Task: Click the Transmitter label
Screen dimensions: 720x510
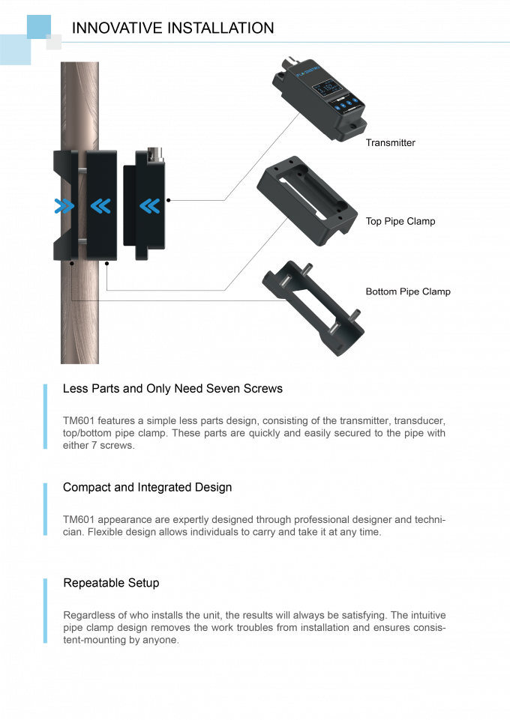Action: pyautogui.click(x=389, y=142)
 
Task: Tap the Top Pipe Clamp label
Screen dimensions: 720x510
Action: pyautogui.click(x=400, y=221)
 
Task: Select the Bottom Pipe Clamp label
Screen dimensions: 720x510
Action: pyautogui.click(x=407, y=291)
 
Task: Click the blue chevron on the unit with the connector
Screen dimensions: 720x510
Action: pyautogui.click(x=151, y=205)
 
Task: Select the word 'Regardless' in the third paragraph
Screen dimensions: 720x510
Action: pyautogui.click(x=86, y=615)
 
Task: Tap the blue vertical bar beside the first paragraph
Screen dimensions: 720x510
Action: pyautogui.click(x=45, y=417)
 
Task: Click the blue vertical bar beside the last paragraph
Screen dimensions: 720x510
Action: pyautogui.click(x=45, y=611)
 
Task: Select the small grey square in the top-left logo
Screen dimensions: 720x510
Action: pyautogui.click(x=53, y=42)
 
